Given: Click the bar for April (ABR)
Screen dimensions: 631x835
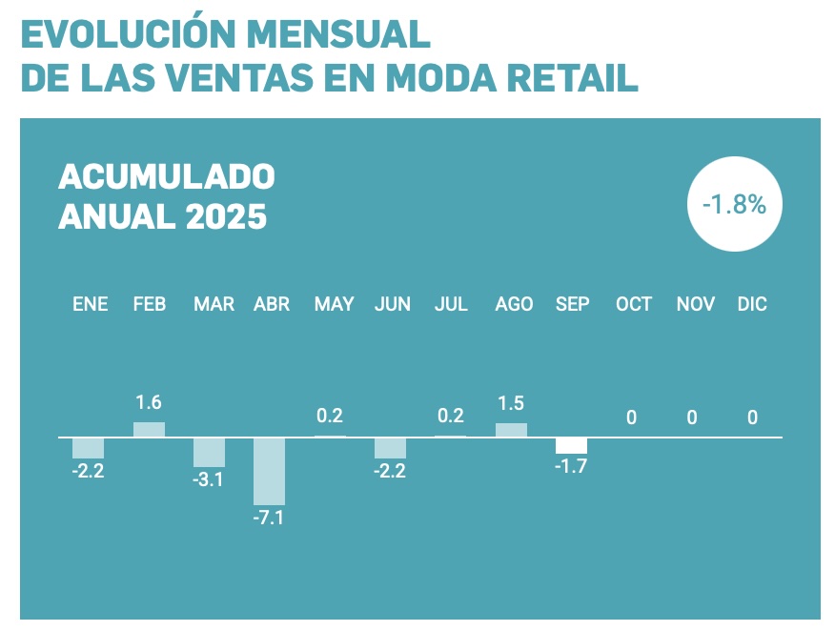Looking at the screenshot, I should pyautogui.click(x=269, y=471).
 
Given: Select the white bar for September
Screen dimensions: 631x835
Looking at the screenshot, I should pyautogui.click(x=571, y=446).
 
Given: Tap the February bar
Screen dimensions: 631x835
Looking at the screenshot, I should pyautogui.click(x=149, y=430).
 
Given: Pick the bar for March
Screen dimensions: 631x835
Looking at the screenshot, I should pyautogui.click(x=209, y=453).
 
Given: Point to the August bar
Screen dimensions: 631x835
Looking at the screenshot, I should pyautogui.click(x=511, y=430).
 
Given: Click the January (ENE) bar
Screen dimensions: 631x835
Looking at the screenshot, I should pyautogui.click(x=88, y=448).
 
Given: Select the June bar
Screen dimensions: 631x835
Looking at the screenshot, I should pyautogui.click(x=390, y=448).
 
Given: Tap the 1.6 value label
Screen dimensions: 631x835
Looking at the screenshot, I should pyautogui.click(x=149, y=402).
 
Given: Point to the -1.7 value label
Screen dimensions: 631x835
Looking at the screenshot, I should pyautogui.click(x=571, y=467).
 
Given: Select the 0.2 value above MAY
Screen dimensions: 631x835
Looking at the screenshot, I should pyautogui.click(x=329, y=416).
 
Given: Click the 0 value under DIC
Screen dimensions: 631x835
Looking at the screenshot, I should pyautogui.click(x=752, y=417).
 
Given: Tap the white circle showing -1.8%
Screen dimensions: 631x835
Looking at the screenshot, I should pyautogui.click(x=734, y=205).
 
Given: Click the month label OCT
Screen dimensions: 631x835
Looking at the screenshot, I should pyautogui.click(x=633, y=304).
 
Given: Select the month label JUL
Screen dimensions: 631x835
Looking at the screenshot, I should pyautogui.click(x=451, y=304).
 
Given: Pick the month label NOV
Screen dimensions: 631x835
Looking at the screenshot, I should pyautogui.click(x=696, y=304).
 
